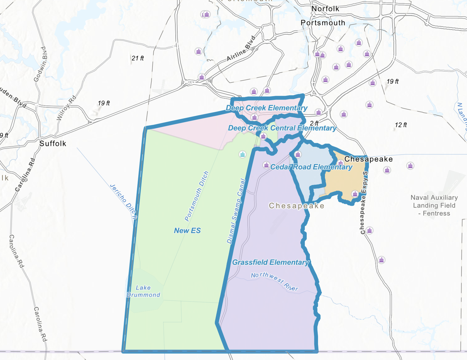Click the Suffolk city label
[x=53, y=144]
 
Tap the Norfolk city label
[x=325, y=9]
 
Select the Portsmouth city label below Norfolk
[x=323, y=23]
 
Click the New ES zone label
[x=187, y=231]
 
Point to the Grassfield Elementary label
[x=271, y=262]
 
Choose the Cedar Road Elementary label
[x=311, y=167]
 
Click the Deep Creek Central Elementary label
[x=282, y=128]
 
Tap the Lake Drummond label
[x=143, y=291]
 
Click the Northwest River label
[x=274, y=281]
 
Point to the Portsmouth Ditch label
[x=196, y=196]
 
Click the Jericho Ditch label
[x=123, y=201]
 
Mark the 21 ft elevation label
[x=138, y=58]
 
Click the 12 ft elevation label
[x=401, y=125]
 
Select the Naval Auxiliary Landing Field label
[x=434, y=205]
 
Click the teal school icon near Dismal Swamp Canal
[x=242, y=154]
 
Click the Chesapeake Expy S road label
[x=364, y=203]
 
